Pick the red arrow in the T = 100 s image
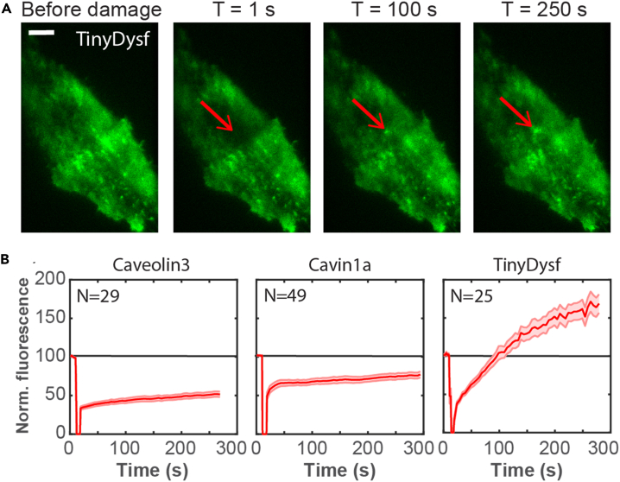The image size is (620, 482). (x=369, y=114)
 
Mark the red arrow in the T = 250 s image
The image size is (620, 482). (x=517, y=113)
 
